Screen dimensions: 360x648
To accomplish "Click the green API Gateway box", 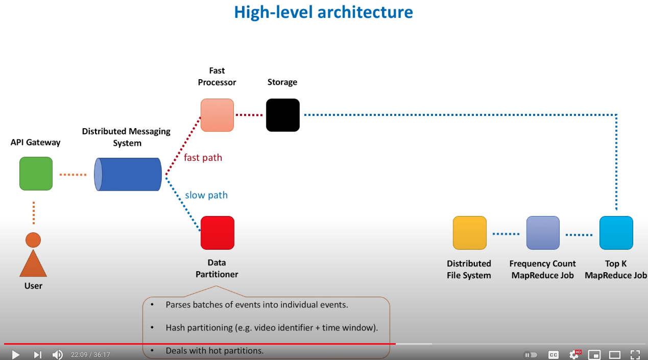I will pos(36,174).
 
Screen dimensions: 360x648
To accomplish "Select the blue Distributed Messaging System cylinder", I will pos(128,174).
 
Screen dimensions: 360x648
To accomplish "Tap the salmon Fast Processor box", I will pos(217,115).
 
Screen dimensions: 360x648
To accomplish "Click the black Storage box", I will pos(282,115).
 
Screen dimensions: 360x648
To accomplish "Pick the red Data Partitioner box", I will pos(217,233).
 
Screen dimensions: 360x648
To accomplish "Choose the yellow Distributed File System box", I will pos(469,233).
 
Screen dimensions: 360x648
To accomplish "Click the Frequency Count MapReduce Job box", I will pos(543,233).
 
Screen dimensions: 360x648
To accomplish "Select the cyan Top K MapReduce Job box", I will pos(616,233).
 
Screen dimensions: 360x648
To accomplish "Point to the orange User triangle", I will pos(33,265).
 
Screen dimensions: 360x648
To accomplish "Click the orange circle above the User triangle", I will pos(33,239).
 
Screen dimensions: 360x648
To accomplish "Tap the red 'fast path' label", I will pos(203,158).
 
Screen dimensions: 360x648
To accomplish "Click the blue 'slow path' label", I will pos(206,195).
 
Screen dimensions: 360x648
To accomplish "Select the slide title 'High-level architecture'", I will pos(323,12).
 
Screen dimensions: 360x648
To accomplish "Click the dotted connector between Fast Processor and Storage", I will pos(250,115).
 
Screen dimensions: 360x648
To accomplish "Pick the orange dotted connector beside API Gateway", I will pos(73,175).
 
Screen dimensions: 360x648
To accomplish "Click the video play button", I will pos(15,354).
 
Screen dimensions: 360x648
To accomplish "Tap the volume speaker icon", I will pos(58,354).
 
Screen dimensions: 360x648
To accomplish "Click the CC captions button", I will pos(553,354).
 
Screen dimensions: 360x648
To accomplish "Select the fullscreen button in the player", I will pos(635,354).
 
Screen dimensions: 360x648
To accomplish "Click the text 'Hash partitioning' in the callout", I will pos(200,327).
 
